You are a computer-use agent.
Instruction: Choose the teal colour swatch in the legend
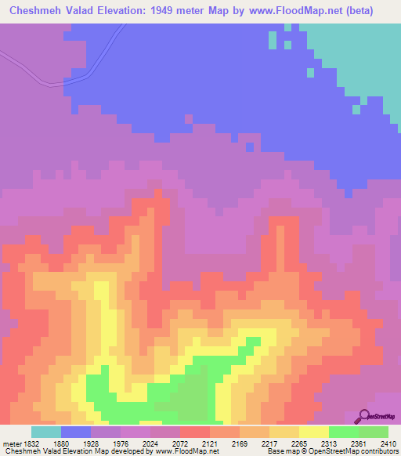tap(46, 432)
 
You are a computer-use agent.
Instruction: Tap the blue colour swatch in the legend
tap(76, 432)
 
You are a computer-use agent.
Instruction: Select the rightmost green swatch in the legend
tap(374, 432)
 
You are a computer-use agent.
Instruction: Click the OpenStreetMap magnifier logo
tap(363, 417)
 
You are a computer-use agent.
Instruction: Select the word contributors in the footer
tap(377, 451)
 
